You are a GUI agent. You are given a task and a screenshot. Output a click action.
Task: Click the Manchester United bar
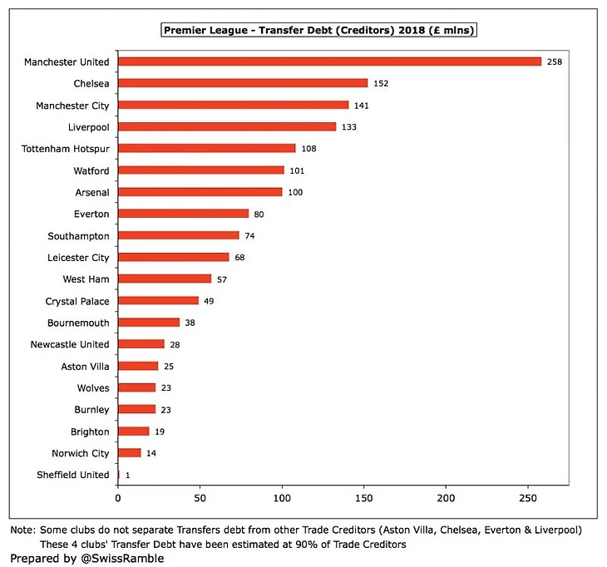click(329, 62)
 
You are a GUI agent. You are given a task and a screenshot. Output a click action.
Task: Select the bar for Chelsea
click(243, 83)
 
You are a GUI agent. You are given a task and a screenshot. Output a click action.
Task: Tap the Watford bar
click(201, 170)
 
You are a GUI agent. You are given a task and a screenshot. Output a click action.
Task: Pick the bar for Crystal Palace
click(158, 301)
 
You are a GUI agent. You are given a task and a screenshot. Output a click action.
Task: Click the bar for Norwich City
click(130, 453)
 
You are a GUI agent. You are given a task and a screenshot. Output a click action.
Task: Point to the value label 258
click(555, 62)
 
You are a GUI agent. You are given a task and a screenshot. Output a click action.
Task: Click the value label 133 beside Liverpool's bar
click(350, 127)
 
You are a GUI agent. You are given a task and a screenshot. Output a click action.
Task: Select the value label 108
click(309, 149)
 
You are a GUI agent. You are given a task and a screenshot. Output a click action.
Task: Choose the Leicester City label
click(77, 258)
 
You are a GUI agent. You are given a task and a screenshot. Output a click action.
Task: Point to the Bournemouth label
click(77, 323)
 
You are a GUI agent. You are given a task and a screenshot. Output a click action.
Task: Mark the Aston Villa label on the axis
click(85, 367)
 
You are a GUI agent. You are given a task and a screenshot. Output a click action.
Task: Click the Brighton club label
click(90, 431)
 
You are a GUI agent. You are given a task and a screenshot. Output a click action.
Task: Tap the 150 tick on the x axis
click(364, 498)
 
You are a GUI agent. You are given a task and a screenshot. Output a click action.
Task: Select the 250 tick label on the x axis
click(528, 498)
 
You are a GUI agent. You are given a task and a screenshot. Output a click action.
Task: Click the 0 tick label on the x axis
click(118, 498)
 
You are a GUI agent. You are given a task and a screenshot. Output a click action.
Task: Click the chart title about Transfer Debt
click(319, 31)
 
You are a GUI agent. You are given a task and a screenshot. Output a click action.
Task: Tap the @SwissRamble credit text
click(123, 558)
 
